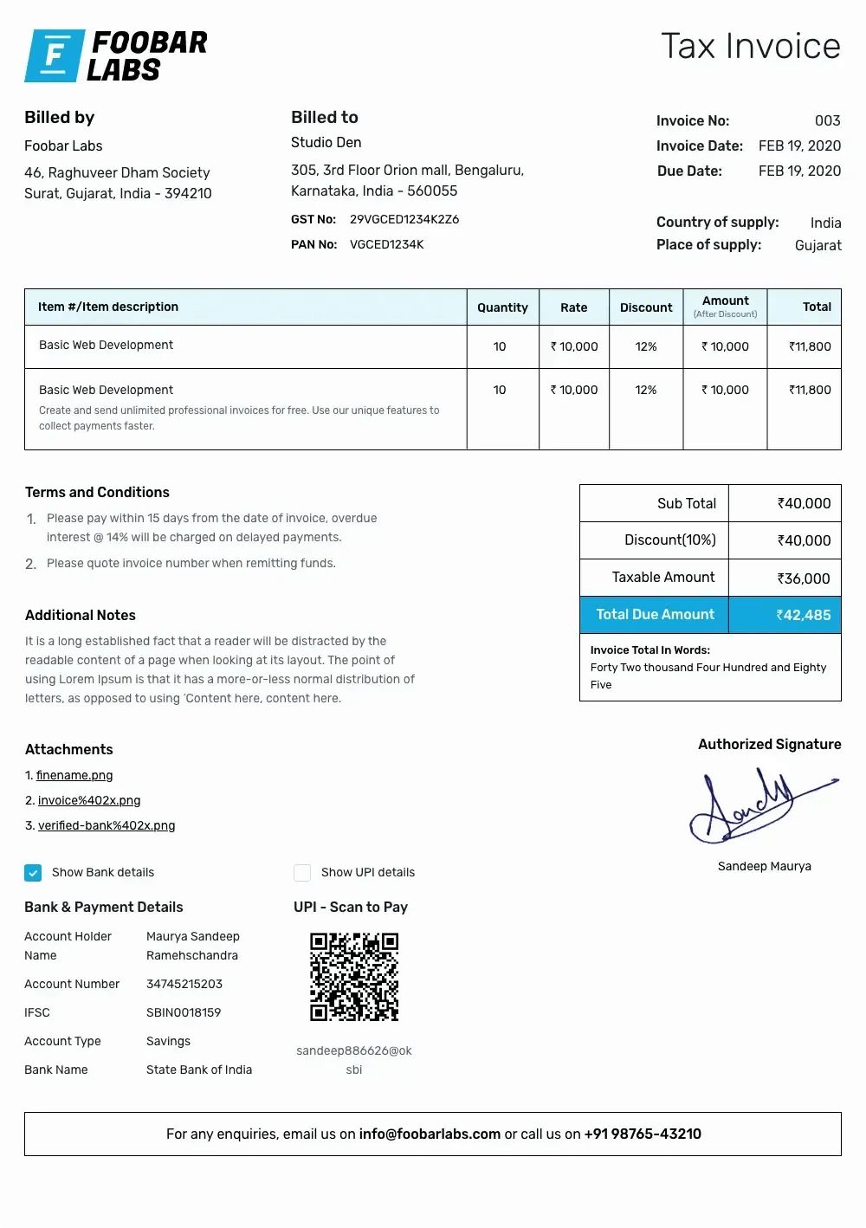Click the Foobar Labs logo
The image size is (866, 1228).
[x=116, y=55]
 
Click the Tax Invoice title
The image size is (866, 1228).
[x=751, y=46]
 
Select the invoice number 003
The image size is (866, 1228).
[x=827, y=120]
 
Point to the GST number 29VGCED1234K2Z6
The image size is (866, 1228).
[x=404, y=219]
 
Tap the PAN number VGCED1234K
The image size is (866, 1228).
[x=386, y=244]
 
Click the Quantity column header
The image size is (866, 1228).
[x=502, y=307]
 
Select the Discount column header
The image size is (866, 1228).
[x=646, y=307]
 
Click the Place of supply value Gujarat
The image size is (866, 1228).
[x=818, y=245]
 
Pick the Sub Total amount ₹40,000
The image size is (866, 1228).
[x=804, y=503]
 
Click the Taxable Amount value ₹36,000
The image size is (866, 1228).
[x=804, y=578]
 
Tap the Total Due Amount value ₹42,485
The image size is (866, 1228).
[x=804, y=615]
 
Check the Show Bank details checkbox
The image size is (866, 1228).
[x=33, y=872]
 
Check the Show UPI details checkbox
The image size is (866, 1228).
[x=302, y=872]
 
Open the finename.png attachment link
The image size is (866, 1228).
[x=74, y=775]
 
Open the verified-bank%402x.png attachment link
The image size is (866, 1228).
[x=107, y=825]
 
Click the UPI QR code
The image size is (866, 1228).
[x=354, y=977]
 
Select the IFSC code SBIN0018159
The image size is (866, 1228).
[x=184, y=1012]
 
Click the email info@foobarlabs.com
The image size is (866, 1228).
[x=430, y=1134]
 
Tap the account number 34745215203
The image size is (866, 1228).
[x=184, y=984]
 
